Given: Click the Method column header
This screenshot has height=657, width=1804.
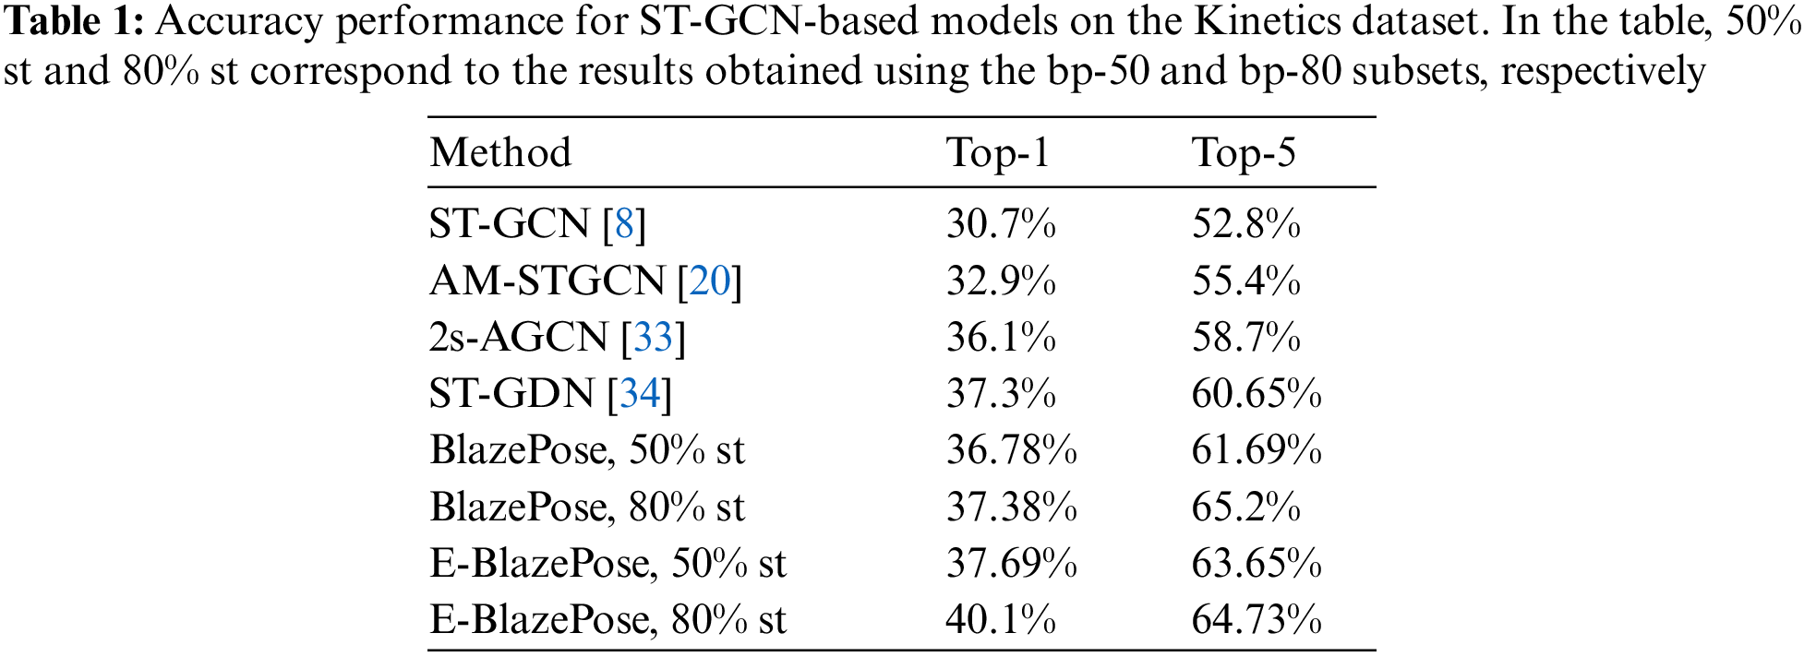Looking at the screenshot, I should (x=500, y=153).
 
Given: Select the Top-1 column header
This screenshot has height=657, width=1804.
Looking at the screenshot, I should (x=998, y=153).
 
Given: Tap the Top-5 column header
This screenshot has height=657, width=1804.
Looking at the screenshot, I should (x=1244, y=153).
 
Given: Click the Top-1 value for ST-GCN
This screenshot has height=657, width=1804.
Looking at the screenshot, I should (x=1001, y=224).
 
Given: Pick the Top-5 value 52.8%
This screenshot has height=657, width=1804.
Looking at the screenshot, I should (x=1245, y=224).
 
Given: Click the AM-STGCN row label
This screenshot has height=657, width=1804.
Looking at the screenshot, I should (x=547, y=281).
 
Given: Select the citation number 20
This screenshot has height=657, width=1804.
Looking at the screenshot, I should (x=710, y=281).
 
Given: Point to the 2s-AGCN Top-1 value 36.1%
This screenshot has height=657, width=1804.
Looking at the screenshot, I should (x=1001, y=338).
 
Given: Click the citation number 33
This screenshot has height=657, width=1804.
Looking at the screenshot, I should (x=654, y=338).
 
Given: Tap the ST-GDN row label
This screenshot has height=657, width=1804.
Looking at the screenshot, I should (x=511, y=394).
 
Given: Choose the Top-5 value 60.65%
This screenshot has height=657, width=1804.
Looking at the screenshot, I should (x=1257, y=394).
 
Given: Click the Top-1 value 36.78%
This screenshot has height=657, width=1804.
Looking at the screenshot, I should (x=1011, y=450).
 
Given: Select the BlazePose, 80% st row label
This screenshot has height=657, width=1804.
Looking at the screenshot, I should (x=587, y=507).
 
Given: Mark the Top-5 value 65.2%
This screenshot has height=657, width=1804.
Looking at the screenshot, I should (x=1245, y=507).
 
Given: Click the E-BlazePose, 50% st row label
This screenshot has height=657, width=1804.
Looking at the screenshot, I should (x=607, y=563).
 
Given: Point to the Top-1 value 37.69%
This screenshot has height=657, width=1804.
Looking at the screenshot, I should (x=1011, y=563).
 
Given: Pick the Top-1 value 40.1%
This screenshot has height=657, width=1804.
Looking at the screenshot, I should (x=1001, y=619).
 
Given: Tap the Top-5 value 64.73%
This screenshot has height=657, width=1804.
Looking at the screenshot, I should (x=1257, y=619).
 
